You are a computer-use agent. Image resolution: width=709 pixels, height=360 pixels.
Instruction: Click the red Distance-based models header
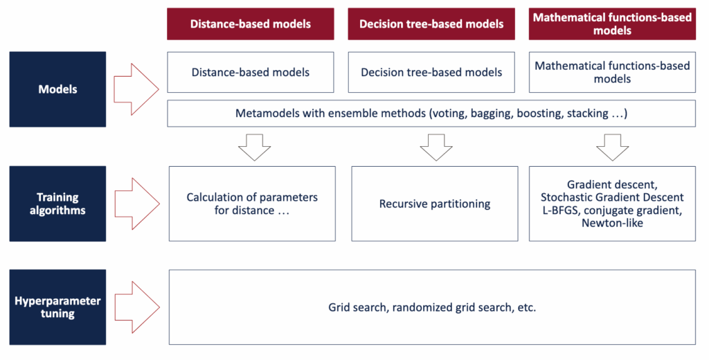(251, 24)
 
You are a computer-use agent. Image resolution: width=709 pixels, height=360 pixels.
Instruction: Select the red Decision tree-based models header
(431, 24)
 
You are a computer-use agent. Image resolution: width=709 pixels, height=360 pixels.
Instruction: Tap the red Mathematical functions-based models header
(612, 24)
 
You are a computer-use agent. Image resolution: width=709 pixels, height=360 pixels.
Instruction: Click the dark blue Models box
(58, 89)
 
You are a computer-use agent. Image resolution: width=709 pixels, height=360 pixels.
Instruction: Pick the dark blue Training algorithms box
(58, 204)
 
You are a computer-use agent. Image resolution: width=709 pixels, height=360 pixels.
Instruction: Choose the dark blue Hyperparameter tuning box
(58, 307)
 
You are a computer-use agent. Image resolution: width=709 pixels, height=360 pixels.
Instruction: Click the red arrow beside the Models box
(136, 89)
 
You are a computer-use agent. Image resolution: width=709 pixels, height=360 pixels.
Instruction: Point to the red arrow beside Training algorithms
(137, 204)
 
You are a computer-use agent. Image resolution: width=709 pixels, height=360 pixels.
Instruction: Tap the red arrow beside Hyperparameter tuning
(137, 307)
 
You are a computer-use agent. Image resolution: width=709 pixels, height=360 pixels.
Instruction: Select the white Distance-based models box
(251, 73)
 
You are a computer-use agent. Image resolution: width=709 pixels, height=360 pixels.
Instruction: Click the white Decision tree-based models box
(431, 73)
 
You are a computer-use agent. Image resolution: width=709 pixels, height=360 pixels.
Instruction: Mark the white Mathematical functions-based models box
(612, 73)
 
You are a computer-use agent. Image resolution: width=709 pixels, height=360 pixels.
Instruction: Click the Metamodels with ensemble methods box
(431, 113)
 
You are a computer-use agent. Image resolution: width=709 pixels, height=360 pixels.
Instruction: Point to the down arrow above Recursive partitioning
(436, 147)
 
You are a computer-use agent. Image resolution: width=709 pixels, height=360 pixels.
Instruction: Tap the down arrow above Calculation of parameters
(255, 147)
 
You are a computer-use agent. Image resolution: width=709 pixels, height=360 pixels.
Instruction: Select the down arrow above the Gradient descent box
(613, 147)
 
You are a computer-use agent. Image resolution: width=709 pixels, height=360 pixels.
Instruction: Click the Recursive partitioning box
(435, 204)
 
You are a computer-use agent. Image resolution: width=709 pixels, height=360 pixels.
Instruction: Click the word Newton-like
(612, 223)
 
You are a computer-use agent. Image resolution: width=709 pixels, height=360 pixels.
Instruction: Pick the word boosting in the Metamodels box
(537, 114)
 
